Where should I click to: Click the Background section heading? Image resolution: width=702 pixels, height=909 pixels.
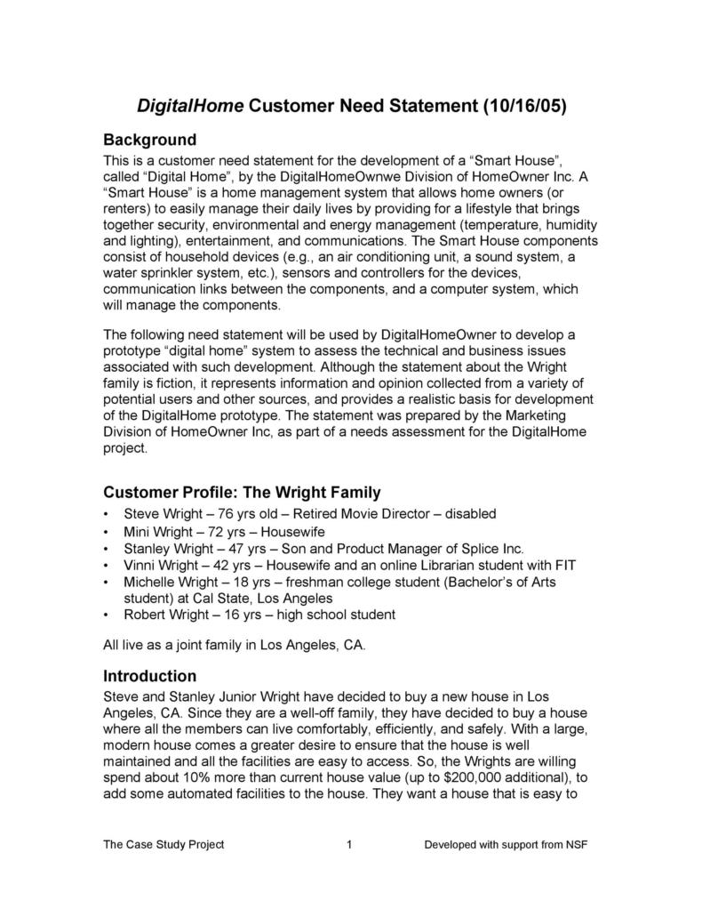[x=149, y=140]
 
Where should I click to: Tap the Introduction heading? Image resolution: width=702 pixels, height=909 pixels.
[x=149, y=675]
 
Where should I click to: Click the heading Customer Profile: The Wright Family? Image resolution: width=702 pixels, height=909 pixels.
[x=242, y=492]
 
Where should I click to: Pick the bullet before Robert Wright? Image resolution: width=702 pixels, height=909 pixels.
[x=108, y=615]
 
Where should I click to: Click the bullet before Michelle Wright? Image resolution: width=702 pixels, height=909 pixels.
[x=108, y=582]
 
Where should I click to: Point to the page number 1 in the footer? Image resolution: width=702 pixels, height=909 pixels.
[x=350, y=844]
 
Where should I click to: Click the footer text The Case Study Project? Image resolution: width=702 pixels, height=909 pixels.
[x=164, y=844]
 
